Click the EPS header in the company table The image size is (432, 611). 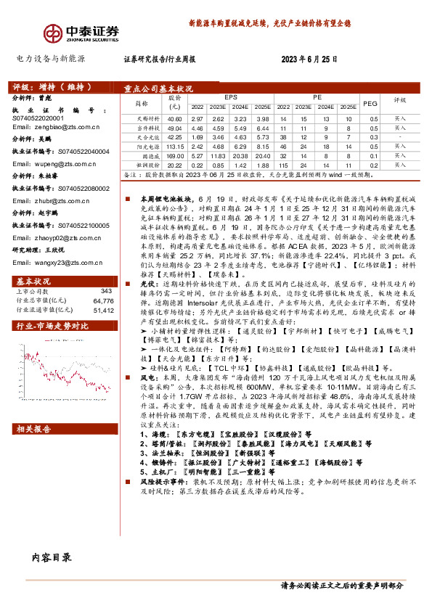231,95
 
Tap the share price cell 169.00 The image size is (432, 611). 175,155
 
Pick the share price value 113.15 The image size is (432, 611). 175,145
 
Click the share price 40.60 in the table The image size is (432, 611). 174,117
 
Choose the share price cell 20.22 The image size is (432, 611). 175,165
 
